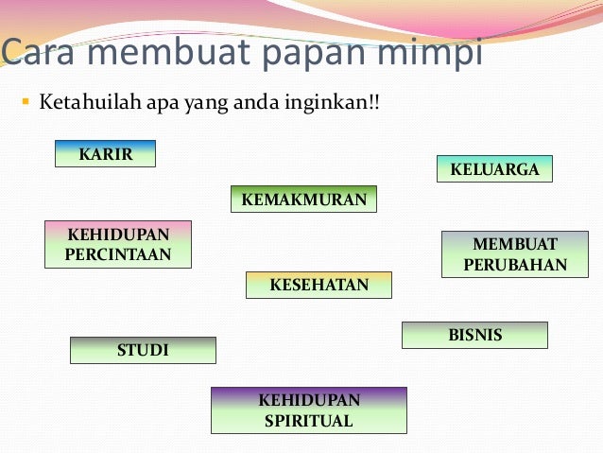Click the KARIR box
(105, 153)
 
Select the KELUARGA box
(494, 169)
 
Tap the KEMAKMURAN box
(304, 200)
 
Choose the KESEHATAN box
(319, 285)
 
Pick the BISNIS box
(474, 335)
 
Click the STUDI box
(143, 350)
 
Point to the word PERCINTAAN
(118, 254)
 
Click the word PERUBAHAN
(515, 265)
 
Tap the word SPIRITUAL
(308, 421)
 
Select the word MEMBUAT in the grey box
(515, 244)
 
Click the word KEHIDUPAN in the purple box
(308, 400)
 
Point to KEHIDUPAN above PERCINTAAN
(118, 234)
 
